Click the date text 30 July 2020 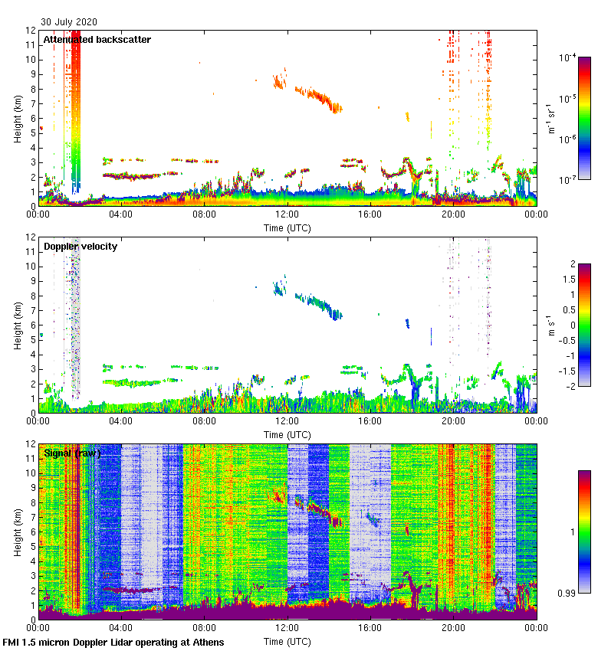coord(69,22)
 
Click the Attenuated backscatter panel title coord(97,40)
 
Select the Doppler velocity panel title coord(80,247)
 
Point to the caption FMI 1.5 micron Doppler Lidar coord(113,642)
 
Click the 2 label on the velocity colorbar coord(571,264)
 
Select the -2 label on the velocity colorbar coord(570,385)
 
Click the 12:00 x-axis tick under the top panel coord(287,214)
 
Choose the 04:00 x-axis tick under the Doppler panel coord(121,421)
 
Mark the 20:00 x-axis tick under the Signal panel coord(453,628)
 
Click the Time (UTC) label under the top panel coord(287,227)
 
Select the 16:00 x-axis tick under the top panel coord(370,214)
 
